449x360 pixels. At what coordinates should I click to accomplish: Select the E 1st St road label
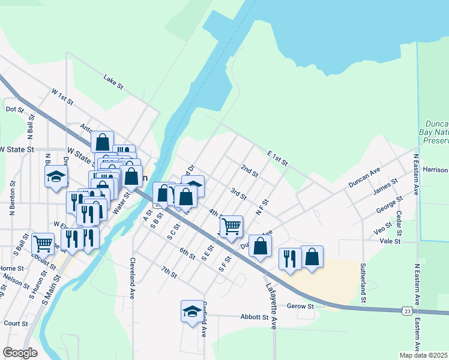click(277, 159)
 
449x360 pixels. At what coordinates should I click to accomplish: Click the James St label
click(386, 187)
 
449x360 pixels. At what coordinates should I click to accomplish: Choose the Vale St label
click(390, 241)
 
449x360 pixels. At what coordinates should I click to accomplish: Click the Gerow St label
click(303, 307)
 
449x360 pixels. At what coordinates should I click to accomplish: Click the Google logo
click(20, 353)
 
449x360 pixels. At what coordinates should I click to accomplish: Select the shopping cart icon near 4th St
click(231, 226)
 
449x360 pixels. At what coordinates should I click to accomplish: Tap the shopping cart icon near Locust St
click(43, 243)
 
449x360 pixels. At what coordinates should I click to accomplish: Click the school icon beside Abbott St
click(191, 311)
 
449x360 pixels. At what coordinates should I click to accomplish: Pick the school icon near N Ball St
click(56, 176)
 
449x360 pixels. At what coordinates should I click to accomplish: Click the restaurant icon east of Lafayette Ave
click(290, 258)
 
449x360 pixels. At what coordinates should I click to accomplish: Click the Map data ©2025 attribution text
click(424, 355)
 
